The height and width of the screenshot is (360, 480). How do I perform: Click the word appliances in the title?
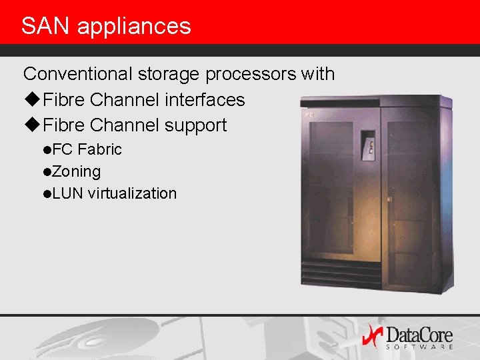(x=134, y=27)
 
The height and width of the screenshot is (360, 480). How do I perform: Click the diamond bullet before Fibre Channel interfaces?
(x=31, y=100)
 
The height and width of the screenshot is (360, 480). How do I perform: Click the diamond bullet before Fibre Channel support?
(x=31, y=125)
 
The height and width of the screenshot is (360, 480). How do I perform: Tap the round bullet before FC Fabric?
(x=47, y=150)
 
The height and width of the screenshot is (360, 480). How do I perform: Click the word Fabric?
(x=100, y=149)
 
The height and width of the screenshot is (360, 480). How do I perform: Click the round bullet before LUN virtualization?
(x=47, y=194)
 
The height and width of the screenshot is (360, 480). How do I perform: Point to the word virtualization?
(x=132, y=193)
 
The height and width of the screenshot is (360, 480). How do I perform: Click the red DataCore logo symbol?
(x=371, y=335)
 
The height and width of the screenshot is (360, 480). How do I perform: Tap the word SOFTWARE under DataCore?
(x=419, y=347)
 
